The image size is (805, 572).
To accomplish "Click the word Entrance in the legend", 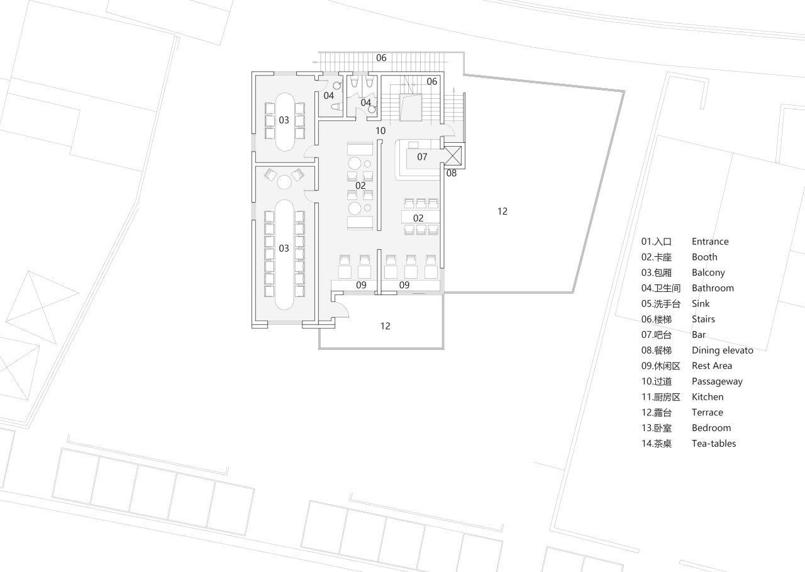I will coord(710,242).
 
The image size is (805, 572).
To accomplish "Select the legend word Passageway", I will coord(717,381).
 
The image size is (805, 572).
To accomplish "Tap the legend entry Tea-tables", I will coord(714,444).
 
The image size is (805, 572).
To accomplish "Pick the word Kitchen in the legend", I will coord(708,397).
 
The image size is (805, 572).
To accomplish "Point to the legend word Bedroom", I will coord(711,428).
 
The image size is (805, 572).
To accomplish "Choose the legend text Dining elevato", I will coord(722,350).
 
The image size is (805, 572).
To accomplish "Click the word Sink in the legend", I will coord(701,304).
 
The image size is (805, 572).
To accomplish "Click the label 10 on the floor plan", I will coord(380,131).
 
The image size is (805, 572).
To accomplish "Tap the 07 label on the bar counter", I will coord(422,157).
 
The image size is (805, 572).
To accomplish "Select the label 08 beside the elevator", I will coord(452,173).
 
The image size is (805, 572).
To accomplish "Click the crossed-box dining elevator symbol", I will coord(453,156).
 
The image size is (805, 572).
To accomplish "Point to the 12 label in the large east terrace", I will coord(502,211).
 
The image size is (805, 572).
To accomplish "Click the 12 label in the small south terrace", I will coord(385,326).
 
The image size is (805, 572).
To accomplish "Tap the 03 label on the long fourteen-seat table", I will coord(284,249).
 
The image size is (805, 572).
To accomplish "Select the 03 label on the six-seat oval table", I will coord(284,120).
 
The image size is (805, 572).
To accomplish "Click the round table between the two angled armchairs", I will coord(284,182).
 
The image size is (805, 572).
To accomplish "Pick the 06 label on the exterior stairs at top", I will coord(381,58).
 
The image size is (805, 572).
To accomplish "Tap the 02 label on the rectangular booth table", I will coord(418,218).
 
